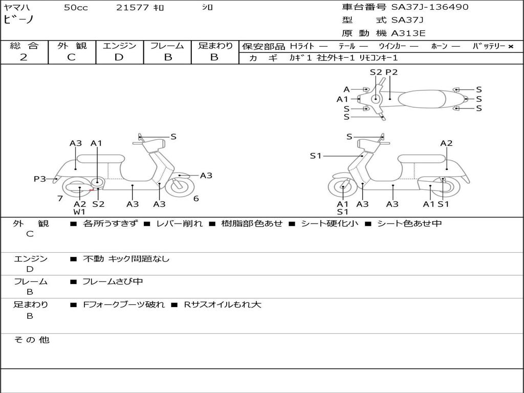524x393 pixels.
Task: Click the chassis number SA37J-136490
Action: click(430, 7)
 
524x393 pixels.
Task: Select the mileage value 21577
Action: click(133, 8)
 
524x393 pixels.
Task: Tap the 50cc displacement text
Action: click(76, 8)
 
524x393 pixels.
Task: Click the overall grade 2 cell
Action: click(24, 57)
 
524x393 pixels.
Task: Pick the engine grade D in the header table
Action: click(119, 57)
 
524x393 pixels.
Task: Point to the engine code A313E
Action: click(408, 34)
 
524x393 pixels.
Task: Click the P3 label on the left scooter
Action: click(40, 179)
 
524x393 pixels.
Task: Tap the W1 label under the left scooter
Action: click(79, 212)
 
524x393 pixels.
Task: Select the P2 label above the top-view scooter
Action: click(391, 72)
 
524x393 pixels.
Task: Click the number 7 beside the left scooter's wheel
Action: click(60, 199)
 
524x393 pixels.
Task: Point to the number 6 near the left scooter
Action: click(196, 199)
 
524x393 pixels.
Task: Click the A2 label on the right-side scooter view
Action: click(446, 143)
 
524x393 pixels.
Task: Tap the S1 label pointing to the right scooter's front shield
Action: click(316, 156)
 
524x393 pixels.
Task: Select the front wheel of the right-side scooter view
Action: click(342, 188)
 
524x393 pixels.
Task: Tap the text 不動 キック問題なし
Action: click(126, 259)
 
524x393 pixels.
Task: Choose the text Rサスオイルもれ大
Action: click(223, 304)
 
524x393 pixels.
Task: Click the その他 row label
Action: click(32, 340)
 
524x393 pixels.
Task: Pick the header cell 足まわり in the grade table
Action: click(215, 46)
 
